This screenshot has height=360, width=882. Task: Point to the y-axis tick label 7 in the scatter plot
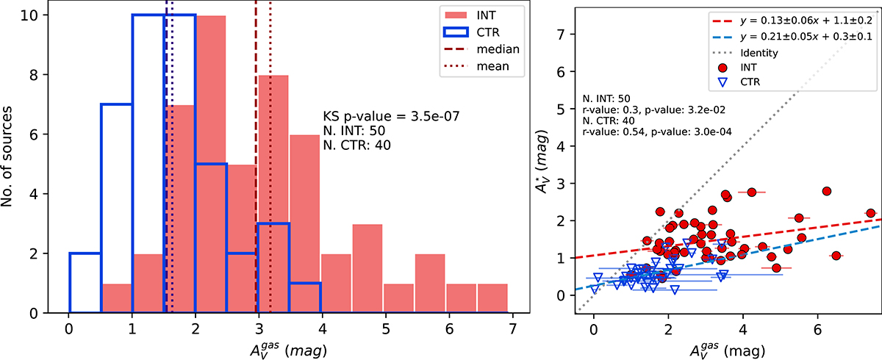564,34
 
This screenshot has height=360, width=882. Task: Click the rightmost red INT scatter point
870,213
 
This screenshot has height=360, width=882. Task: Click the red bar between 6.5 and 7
492,298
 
